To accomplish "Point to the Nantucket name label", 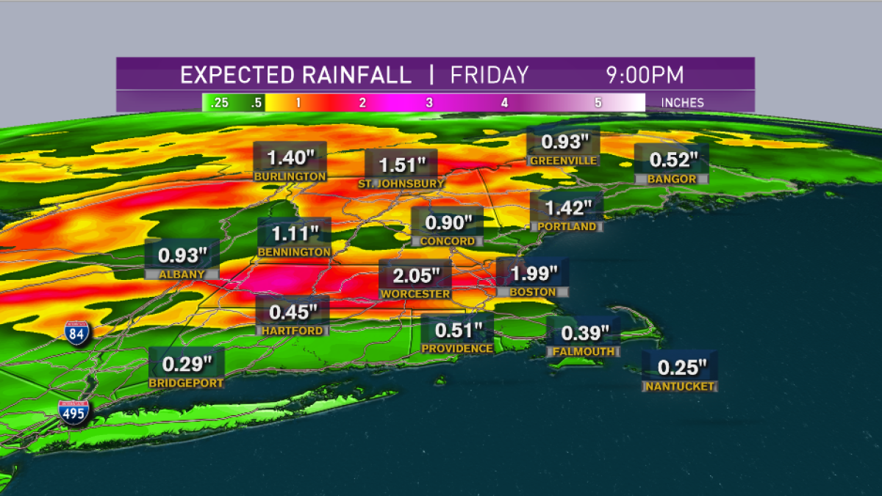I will tap(679, 386).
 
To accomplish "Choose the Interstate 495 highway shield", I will tap(75, 414).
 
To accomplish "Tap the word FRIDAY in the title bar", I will tap(490, 75).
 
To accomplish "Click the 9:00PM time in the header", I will tap(645, 75).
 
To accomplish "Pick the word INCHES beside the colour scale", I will tap(683, 103).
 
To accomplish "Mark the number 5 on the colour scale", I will tap(598, 103).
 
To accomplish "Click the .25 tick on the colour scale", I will tap(219, 103).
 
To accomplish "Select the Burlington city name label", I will tap(290, 176).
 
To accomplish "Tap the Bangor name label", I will tap(672, 179).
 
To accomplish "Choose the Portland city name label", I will tap(567, 227).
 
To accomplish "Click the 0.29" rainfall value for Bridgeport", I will tap(187, 364).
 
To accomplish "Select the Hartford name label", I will tap(292, 331).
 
